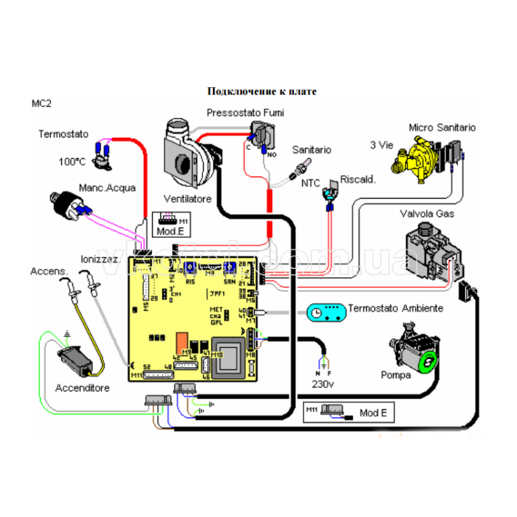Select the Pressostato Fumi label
tap(245, 112)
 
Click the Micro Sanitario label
tap(442, 128)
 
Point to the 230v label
tap(322, 385)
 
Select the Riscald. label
tap(358, 179)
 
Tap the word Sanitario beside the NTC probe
tap(311, 150)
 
